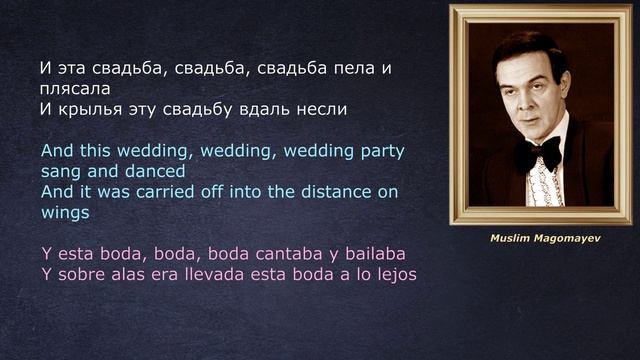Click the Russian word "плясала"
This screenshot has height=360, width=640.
pyautogui.click(x=72, y=88)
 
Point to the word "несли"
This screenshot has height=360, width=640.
pyautogui.click(x=322, y=109)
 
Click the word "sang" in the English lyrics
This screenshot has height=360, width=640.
pyautogui.click(x=62, y=171)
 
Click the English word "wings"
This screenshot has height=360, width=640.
pyautogui.click(x=66, y=212)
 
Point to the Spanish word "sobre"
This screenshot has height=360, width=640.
pyautogui.click(x=80, y=273)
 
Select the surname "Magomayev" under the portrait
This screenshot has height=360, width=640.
pyautogui.click(x=566, y=240)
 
